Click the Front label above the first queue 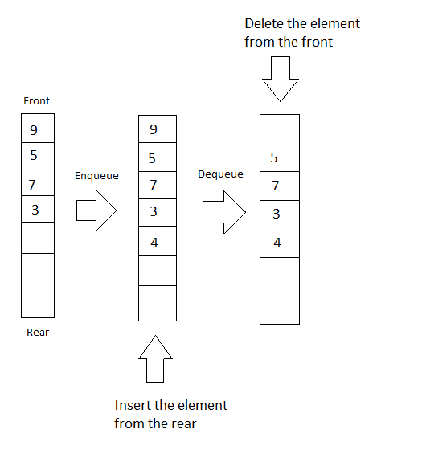point(36,100)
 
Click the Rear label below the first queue point(38,332)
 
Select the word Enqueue point(96,176)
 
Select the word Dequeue point(220,174)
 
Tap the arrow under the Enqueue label point(96,211)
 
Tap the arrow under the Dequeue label point(224,212)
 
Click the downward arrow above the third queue point(281,79)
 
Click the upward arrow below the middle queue point(155,359)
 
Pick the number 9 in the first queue point(34,130)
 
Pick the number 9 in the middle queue point(154,129)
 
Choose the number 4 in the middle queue point(154,243)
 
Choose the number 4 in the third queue point(277,243)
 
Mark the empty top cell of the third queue point(280,129)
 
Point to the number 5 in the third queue point(274,157)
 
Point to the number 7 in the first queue point(32,185)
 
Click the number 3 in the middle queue point(154,211)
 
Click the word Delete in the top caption point(264,23)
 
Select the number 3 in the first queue point(35,210)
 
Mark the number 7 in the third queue point(276,186)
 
